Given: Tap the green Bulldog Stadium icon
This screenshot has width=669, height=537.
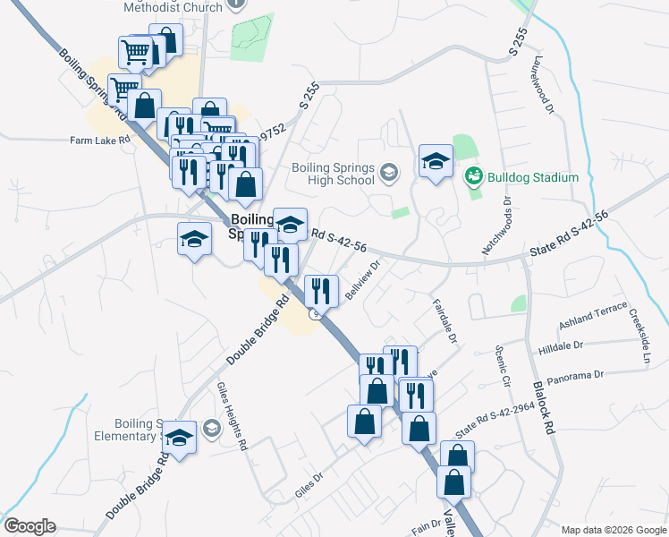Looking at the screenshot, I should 473,177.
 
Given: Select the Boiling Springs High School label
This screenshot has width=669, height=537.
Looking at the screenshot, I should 333,172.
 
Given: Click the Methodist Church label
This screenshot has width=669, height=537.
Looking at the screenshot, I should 173,6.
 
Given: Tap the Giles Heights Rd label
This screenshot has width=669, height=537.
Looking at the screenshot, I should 231,415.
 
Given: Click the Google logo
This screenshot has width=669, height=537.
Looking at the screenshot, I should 30,526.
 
